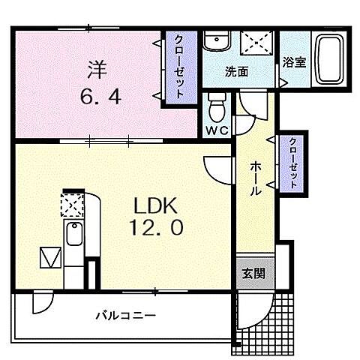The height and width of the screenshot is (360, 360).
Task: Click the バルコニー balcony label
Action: (x=125, y=316)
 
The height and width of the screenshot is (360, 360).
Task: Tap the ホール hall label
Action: (x=255, y=179)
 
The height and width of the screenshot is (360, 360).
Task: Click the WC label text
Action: (x=215, y=128)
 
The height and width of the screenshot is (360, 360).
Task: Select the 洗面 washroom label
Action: (x=237, y=72)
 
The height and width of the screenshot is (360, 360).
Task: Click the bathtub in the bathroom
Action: (x=328, y=59)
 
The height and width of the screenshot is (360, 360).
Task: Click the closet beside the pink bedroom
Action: (x=181, y=67)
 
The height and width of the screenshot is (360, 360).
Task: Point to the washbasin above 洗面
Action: (x=217, y=42)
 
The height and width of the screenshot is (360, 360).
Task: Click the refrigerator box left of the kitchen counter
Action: (x=49, y=258)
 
